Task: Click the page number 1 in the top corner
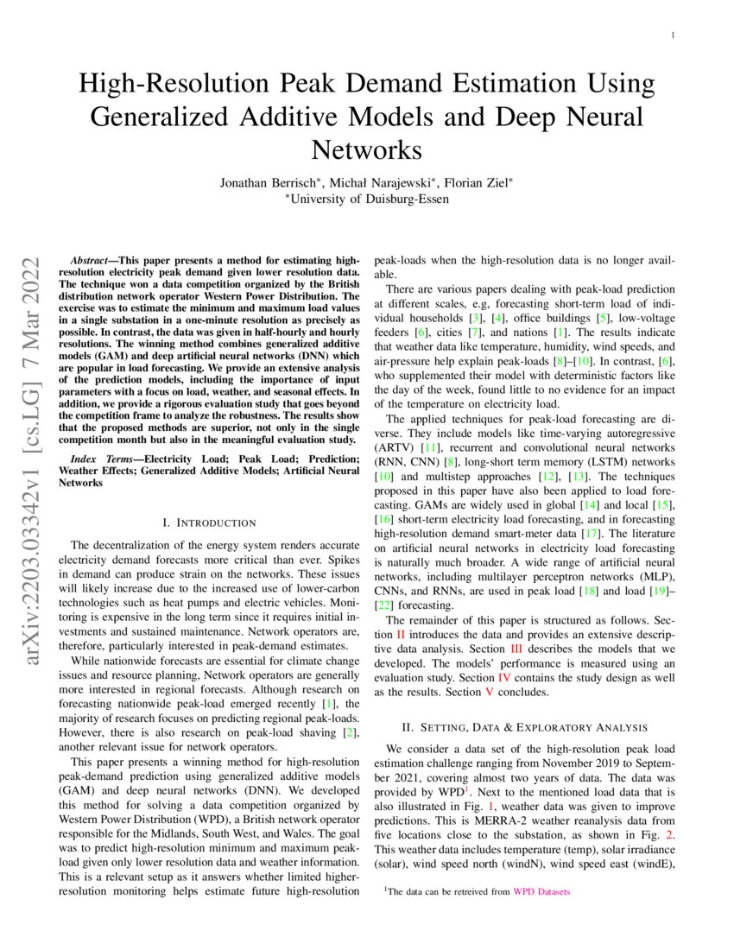671,35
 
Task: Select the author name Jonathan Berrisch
267,182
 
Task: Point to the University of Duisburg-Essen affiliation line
366,199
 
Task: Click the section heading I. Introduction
209,522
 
